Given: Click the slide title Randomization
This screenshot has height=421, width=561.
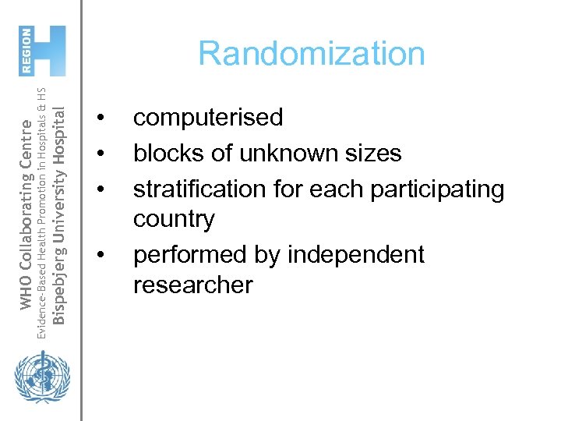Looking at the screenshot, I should pyautogui.click(x=312, y=54).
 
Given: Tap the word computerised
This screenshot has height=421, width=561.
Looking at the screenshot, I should pyautogui.click(x=208, y=118).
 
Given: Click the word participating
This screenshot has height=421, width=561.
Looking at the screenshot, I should pyautogui.click(x=428, y=189).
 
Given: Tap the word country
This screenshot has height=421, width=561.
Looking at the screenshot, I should pyautogui.click(x=174, y=219).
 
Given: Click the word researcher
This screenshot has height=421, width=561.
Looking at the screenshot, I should pyautogui.click(x=193, y=285).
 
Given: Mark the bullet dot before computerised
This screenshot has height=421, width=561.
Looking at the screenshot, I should pyautogui.click(x=99, y=119).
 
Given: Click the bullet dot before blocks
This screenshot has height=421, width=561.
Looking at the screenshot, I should pyautogui.click(x=99, y=154).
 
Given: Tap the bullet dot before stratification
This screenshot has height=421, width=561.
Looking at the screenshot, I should pyautogui.click(x=99, y=189).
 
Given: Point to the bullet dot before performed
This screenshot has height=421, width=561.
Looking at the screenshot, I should pyautogui.click(x=99, y=255).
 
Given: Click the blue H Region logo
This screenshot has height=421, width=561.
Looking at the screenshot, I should pyautogui.click(x=44, y=51).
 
